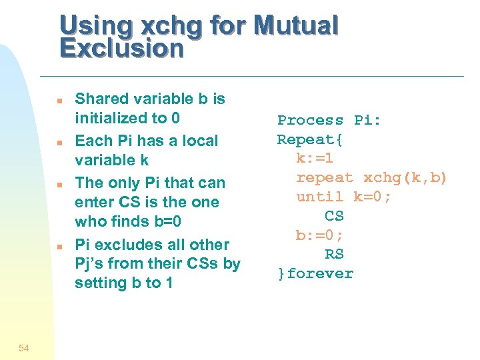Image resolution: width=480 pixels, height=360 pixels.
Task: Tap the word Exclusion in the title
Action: (121, 49)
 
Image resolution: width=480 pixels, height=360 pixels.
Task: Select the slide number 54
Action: (24, 347)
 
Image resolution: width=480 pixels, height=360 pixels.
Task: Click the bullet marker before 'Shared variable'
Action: (59, 101)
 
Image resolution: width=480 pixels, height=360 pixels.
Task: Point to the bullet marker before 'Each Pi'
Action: (59, 143)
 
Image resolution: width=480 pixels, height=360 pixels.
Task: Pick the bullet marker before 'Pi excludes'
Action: (59, 247)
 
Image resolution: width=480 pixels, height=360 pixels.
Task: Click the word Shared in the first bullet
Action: (101, 99)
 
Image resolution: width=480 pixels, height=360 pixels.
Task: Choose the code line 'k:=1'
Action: (315, 159)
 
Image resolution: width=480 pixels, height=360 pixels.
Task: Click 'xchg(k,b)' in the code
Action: (405, 178)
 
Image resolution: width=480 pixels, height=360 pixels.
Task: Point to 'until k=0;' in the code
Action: (343, 197)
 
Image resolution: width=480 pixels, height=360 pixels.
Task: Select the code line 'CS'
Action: (334, 216)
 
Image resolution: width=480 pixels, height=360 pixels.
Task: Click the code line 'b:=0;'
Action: (319, 235)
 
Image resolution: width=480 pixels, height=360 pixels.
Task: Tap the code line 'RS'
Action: (334, 254)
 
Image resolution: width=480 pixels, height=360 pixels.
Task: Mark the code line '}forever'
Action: (315, 273)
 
